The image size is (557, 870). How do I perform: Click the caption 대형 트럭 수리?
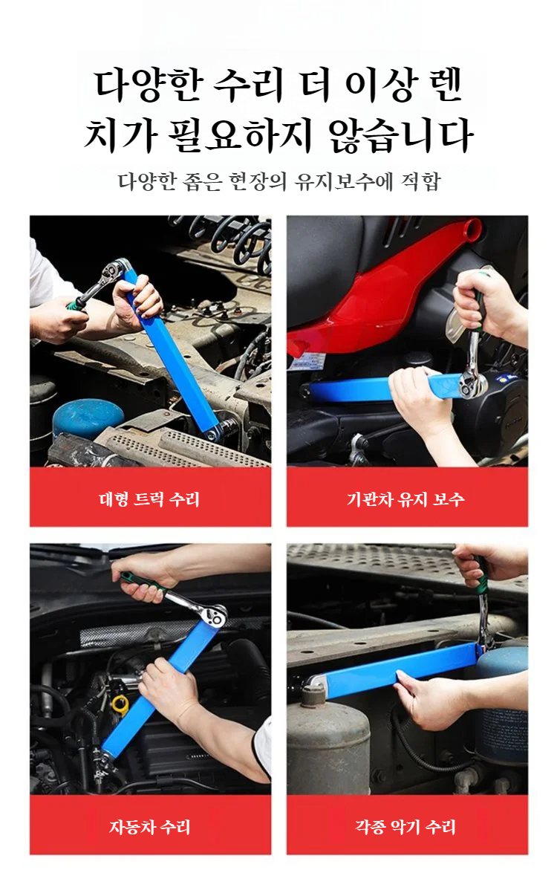pos(149,499)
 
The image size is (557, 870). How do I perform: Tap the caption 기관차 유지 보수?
pos(405,499)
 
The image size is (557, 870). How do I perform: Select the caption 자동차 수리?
pos(150,827)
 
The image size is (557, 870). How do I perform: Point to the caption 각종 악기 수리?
pos(405,827)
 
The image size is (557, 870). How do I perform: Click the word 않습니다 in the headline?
pos(400,134)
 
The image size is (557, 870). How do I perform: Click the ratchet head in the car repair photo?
pos(212,615)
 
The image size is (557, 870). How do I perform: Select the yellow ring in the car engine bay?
pos(120,704)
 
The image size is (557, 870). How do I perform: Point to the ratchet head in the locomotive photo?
pos(473,383)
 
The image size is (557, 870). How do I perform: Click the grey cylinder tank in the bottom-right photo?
pos(328,738)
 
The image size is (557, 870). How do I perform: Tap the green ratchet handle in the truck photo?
pos(77,302)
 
